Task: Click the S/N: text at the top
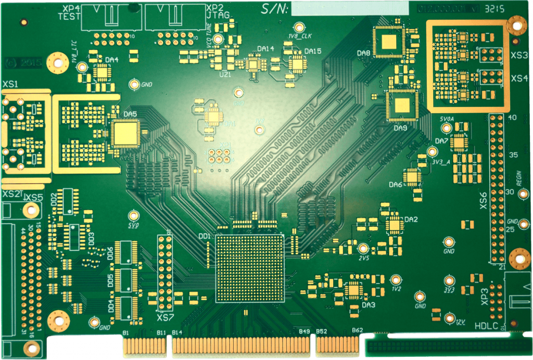(x=274, y=8)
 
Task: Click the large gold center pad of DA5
(x=124, y=132)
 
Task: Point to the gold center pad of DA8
(x=388, y=41)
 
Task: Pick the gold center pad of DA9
(x=402, y=106)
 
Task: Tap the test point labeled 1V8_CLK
(x=299, y=27)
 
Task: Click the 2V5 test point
(x=363, y=248)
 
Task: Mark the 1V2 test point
(x=396, y=280)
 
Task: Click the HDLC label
(x=487, y=326)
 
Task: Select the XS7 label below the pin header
(x=166, y=317)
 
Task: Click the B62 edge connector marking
(x=357, y=330)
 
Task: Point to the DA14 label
(x=265, y=49)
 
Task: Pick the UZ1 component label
(x=225, y=74)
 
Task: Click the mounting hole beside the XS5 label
(x=32, y=210)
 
